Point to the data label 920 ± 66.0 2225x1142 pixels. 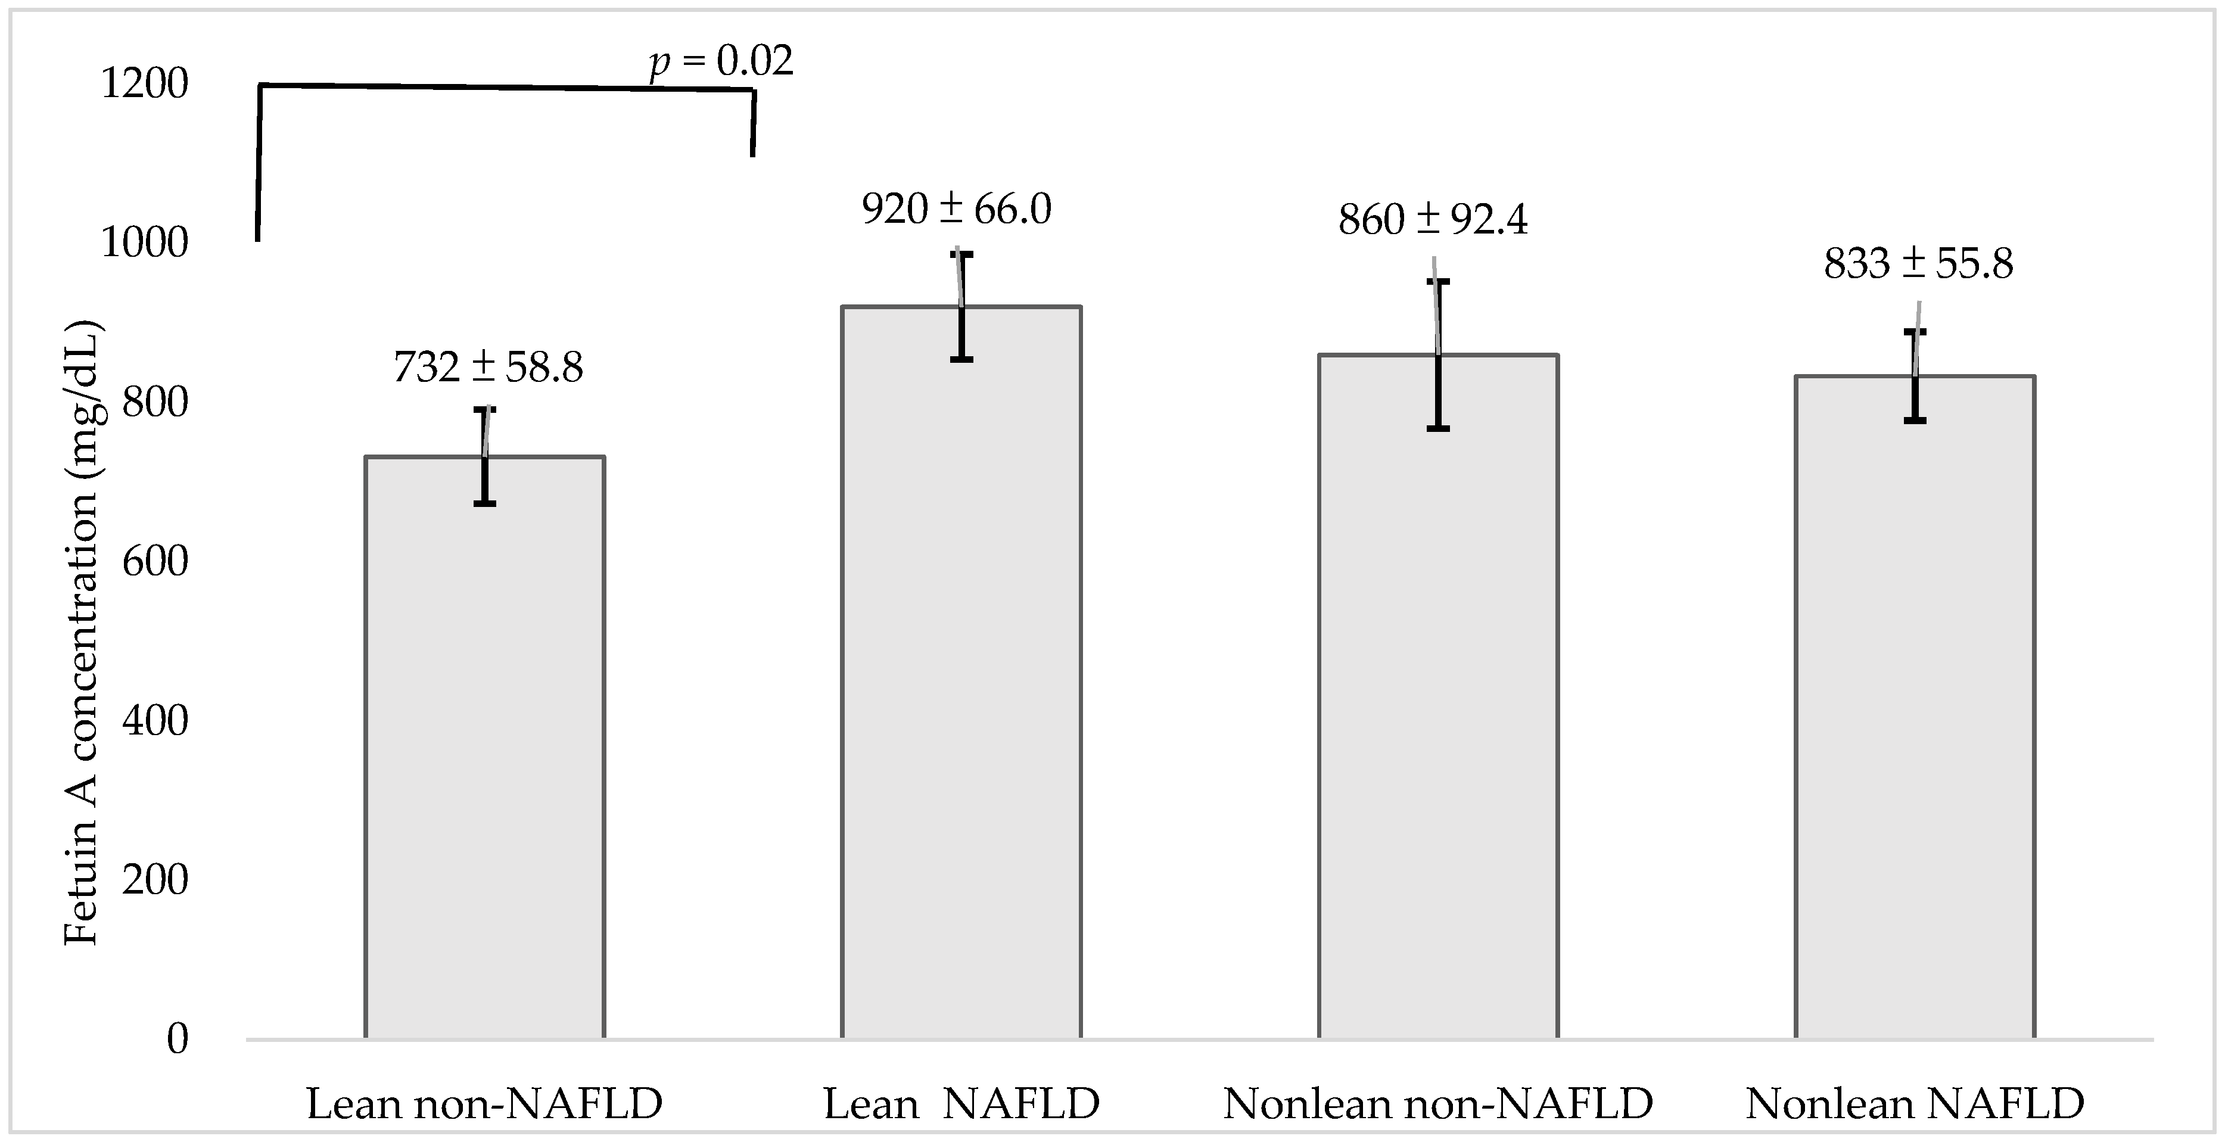[956, 210]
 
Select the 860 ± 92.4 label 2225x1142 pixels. [1433, 220]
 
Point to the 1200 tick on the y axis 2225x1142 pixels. [144, 85]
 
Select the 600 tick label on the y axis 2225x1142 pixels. [155, 562]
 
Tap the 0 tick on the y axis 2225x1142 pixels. [177, 1039]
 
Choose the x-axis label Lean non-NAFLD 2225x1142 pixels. [484, 1104]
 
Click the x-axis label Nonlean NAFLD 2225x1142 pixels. [1915, 1104]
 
